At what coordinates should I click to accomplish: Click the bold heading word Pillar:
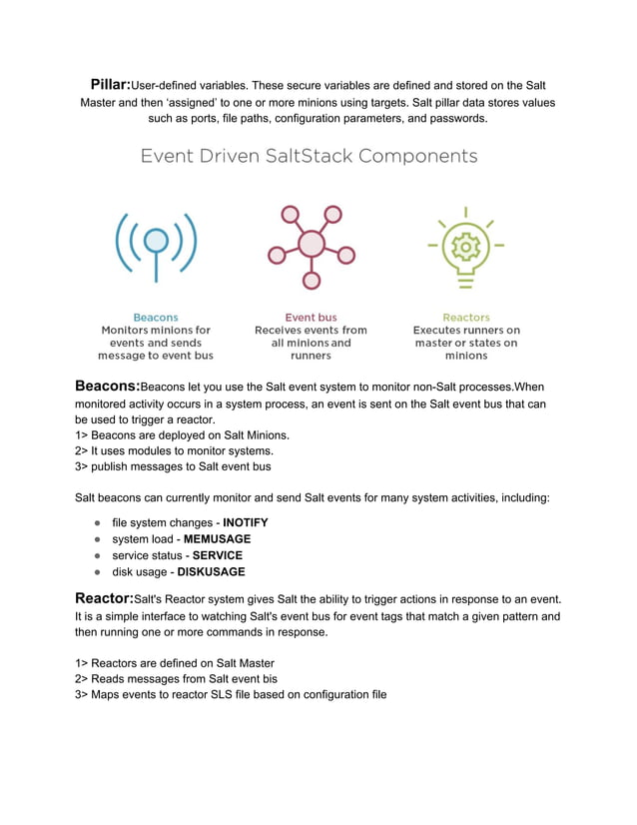(110, 85)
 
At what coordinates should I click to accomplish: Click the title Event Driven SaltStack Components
(309, 157)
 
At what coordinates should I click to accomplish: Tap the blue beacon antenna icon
(156, 244)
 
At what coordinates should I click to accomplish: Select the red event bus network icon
(311, 247)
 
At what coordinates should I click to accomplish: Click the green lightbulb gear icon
(465, 245)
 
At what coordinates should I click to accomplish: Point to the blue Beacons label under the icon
(156, 318)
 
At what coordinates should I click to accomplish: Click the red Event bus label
(311, 318)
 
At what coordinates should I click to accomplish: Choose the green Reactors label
(466, 318)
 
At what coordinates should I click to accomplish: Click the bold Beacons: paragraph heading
(108, 386)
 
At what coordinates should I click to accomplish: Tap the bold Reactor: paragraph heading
(105, 597)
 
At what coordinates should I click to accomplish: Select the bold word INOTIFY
(245, 522)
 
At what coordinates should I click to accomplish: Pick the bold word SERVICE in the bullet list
(217, 555)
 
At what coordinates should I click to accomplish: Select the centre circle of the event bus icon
(312, 243)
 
